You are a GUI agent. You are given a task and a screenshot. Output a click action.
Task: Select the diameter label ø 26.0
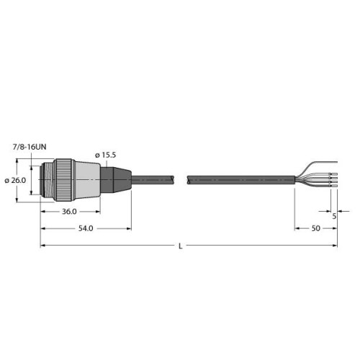point(15,180)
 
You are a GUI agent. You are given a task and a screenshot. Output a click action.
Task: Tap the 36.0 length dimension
point(68,212)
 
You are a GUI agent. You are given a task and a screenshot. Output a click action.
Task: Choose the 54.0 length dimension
point(86,228)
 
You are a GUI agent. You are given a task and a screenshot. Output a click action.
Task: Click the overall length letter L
point(180,246)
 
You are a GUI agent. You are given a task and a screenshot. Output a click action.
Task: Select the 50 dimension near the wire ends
point(315,228)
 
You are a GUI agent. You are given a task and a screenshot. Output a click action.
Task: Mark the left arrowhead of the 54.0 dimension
point(42,228)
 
